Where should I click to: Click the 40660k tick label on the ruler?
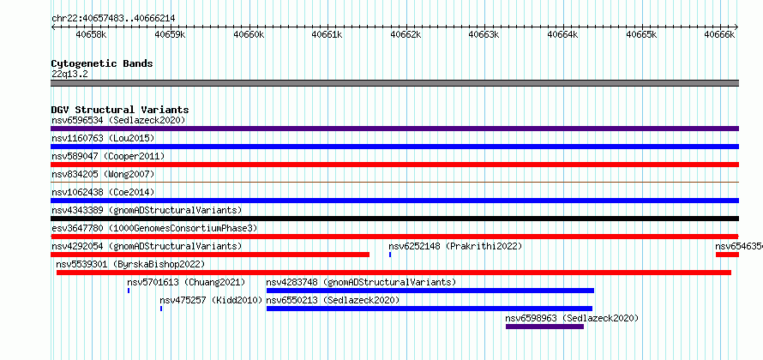[248, 34]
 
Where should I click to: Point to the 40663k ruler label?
[484, 34]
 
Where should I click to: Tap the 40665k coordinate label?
[641, 34]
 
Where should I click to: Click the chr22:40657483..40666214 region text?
[113, 19]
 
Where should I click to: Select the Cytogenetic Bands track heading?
[102, 63]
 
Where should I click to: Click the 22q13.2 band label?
[70, 75]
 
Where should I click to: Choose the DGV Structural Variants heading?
[120, 110]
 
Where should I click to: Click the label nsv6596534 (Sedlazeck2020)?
[118, 120]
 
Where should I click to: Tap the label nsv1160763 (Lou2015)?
[103, 138]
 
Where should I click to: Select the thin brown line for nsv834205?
[394, 182]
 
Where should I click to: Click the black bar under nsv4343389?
[394, 219]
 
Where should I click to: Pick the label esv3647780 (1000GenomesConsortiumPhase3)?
[154, 228]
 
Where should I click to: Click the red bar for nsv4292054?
[210, 255]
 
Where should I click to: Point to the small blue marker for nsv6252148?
[390, 255]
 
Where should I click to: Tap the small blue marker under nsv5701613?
[129, 291]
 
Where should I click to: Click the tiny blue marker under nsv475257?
[161, 309]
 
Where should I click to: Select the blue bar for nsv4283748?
[430, 291]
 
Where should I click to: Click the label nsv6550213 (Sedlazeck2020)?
[333, 300]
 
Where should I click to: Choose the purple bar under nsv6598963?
[544, 327]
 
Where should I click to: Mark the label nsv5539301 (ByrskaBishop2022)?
[130, 264]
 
